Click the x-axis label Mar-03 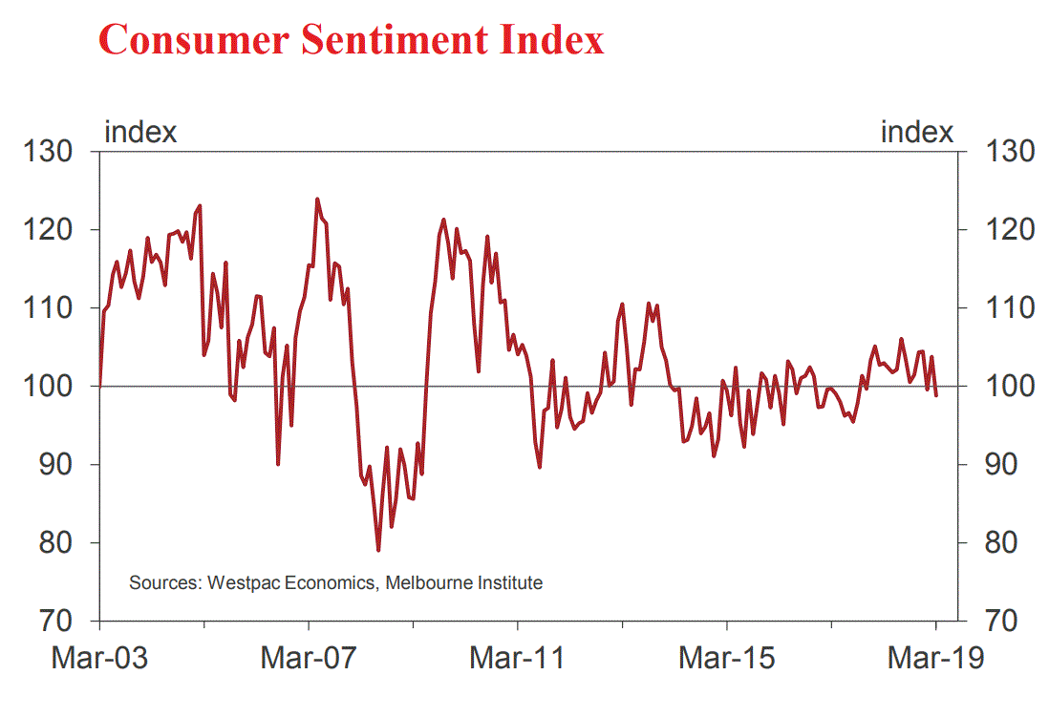pyautogui.click(x=98, y=659)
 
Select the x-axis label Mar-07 pyautogui.click(x=309, y=659)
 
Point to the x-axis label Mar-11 pyautogui.click(x=517, y=659)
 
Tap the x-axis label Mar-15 pyautogui.click(x=726, y=659)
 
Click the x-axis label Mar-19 pyautogui.click(x=934, y=659)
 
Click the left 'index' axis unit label pyautogui.click(x=140, y=132)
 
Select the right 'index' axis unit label pyautogui.click(x=917, y=132)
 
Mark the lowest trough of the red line pyautogui.click(x=378, y=550)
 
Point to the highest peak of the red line pyautogui.click(x=316, y=200)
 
